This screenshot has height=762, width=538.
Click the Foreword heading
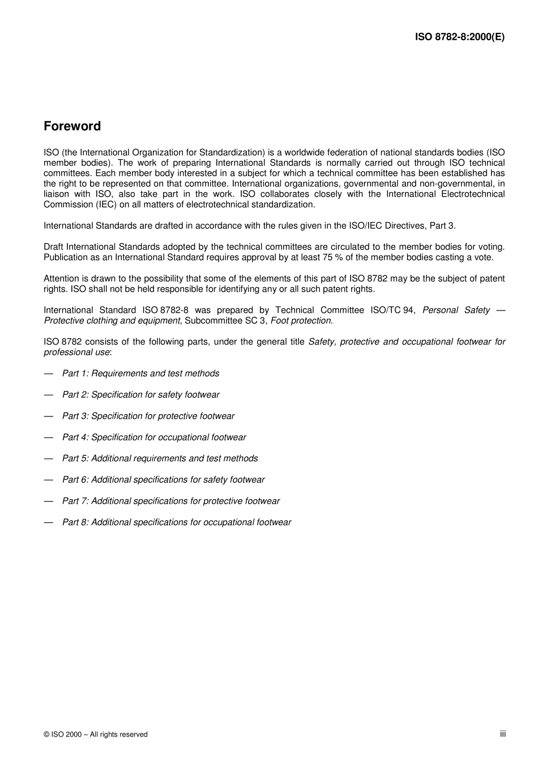[72, 126]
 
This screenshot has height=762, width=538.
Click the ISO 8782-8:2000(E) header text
[459, 37]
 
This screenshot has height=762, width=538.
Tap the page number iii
[502, 734]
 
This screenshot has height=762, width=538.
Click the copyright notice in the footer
[95, 735]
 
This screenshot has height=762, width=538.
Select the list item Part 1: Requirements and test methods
[140, 373]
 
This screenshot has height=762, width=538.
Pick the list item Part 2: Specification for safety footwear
[140, 395]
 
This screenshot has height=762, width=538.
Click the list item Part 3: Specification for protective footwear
[148, 416]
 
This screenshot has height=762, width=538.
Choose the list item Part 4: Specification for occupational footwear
[154, 437]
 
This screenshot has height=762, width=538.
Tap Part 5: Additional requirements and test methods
[160, 458]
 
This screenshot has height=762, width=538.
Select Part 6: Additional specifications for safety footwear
[163, 480]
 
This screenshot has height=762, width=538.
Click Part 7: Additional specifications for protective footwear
[170, 501]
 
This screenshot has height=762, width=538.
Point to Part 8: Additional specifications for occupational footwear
[176, 522]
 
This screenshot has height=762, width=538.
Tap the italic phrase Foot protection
[301, 321]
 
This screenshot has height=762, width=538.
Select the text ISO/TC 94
[392, 310]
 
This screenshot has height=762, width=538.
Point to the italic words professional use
[76, 352]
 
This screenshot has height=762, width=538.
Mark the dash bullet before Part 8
[49, 522]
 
